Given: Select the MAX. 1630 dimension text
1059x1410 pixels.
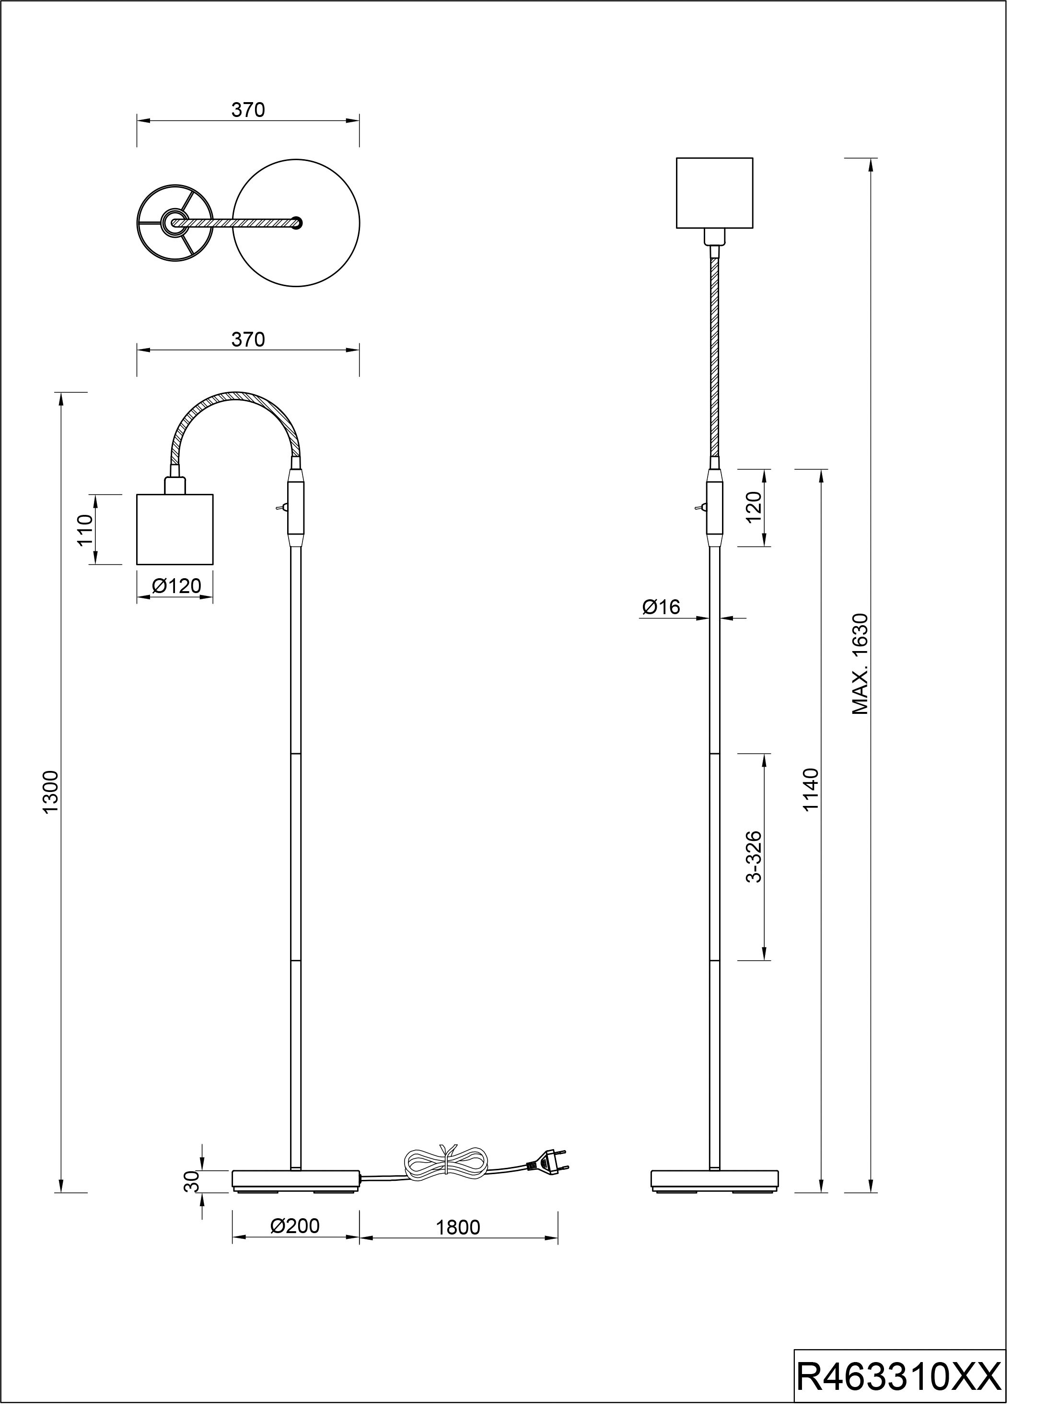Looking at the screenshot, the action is [861, 664].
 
